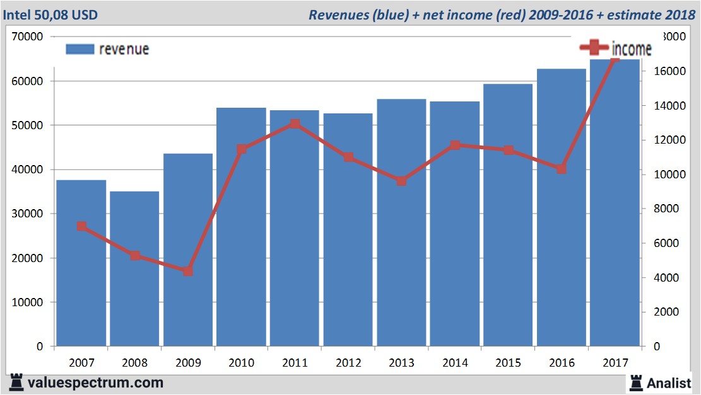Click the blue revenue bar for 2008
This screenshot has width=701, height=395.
134,268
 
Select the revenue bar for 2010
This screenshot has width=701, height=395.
241,227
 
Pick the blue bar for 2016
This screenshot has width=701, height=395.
562,207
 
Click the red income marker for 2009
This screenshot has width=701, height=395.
188,271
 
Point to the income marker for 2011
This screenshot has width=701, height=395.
295,124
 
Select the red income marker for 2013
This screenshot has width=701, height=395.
401,181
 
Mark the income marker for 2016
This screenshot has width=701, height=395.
562,169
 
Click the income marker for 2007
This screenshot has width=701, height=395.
81,226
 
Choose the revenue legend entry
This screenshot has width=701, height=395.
107,49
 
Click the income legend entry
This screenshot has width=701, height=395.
615,49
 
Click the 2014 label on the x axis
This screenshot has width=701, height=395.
455,363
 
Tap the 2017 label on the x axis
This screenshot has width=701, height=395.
615,363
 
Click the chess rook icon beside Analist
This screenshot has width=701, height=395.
635,382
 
